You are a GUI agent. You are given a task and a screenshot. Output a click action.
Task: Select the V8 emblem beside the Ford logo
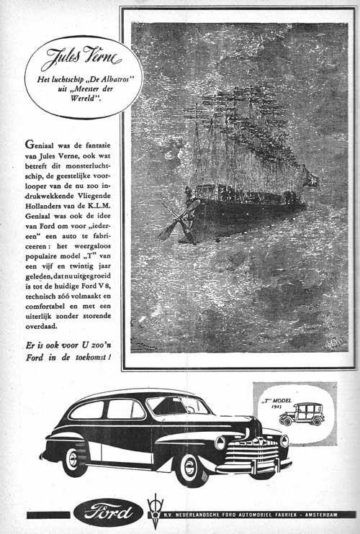tap(154, 512)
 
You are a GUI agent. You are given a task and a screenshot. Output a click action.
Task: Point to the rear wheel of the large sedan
tap(73, 458)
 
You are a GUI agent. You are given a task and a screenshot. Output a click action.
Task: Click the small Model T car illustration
tap(302, 413)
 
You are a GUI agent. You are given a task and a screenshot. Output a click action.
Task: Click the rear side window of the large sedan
tap(87, 410)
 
